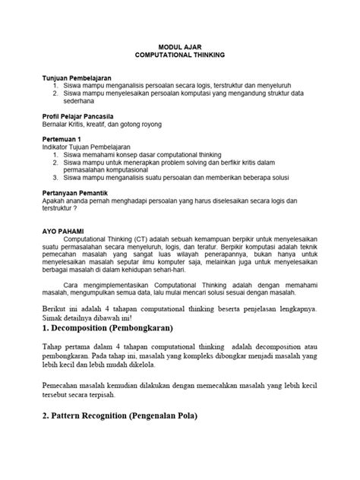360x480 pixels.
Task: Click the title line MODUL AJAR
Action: (x=179, y=46)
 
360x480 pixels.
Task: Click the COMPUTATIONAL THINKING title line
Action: (x=179, y=55)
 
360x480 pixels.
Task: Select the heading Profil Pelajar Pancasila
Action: (x=80, y=115)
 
